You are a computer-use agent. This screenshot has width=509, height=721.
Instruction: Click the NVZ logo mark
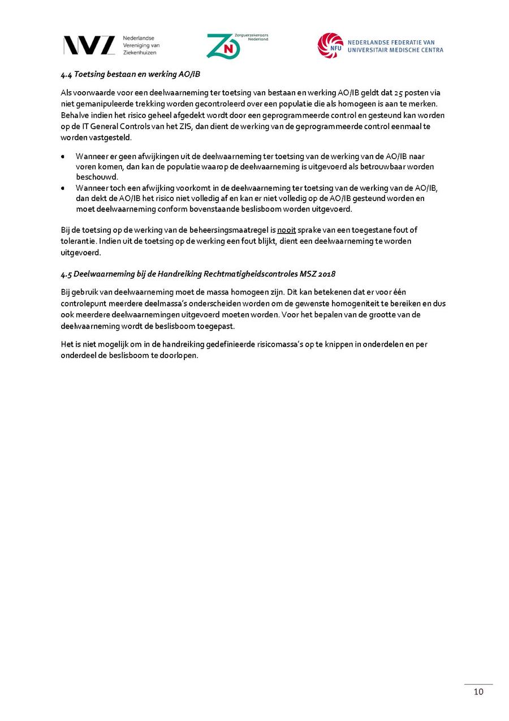click(x=89, y=45)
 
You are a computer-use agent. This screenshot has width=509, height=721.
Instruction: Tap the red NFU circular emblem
click(x=330, y=45)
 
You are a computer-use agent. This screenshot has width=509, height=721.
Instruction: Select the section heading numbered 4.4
click(x=131, y=74)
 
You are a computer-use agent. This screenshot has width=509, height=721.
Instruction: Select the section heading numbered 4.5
click(x=198, y=274)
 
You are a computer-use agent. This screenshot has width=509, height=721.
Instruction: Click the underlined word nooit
click(x=286, y=230)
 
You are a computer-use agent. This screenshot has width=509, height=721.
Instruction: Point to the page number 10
click(x=478, y=692)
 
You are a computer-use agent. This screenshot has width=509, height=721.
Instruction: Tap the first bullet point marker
click(x=63, y=156)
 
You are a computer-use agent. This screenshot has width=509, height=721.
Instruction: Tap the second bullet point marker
click(x=63, y=188)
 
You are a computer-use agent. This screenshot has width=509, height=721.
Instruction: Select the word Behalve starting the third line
click(x=74, y=115)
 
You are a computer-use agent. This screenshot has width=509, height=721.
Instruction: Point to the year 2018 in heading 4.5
click(x=326, y=274)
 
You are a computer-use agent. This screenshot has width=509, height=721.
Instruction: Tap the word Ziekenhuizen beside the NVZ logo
click(x=140, y=53)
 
